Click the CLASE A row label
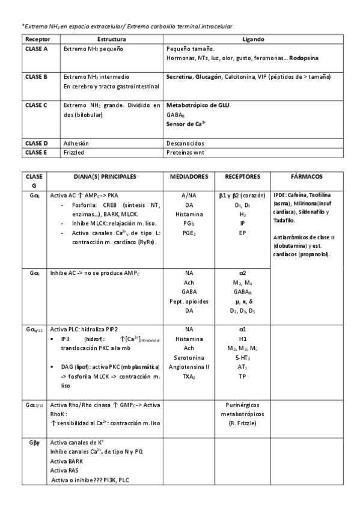click(37, 49)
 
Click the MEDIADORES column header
click(189, 177)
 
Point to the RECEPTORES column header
click(242, 177)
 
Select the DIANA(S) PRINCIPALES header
click(105, 177)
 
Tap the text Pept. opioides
click(189, 301)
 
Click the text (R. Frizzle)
click(242, 425)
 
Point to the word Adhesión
click(76, 143)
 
